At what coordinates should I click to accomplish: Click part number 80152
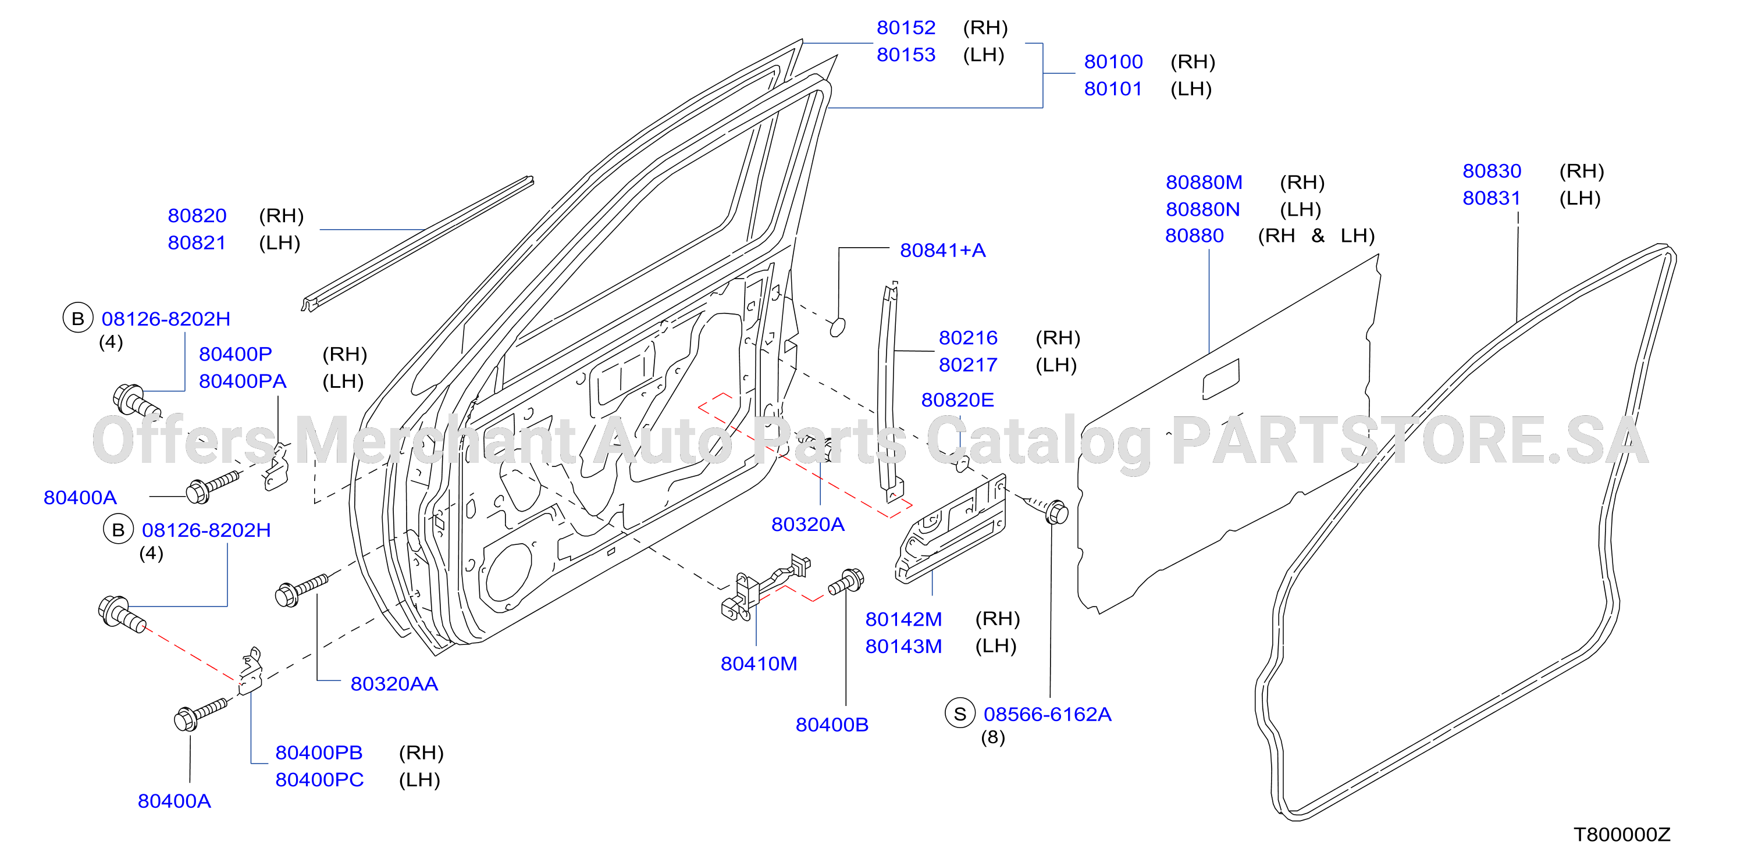tap(906, 28)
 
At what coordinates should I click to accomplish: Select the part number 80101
tap(1113, 89)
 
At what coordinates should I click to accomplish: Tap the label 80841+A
tap(943, 251)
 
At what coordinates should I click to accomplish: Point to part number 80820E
tap(958, 401)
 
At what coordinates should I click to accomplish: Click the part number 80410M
tap(759, 664)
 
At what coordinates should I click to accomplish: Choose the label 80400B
tap(831, 725)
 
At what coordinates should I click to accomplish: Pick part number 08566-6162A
tap(1047, 715)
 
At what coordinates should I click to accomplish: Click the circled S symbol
tap(959, 714)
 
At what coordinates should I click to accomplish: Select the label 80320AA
tap(394, 684)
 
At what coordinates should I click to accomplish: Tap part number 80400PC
tap(319, 780)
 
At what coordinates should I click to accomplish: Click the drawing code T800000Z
tap(1622, 835)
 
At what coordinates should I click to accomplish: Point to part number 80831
tap(1492, 198)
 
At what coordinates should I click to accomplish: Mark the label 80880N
tap(1202, 210)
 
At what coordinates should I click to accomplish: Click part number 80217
tap(967, 365)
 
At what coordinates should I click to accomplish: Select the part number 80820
tap(197, 216)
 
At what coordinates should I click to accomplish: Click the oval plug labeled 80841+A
tap(837, 327)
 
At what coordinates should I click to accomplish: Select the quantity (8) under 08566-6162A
tap(992, 737)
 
